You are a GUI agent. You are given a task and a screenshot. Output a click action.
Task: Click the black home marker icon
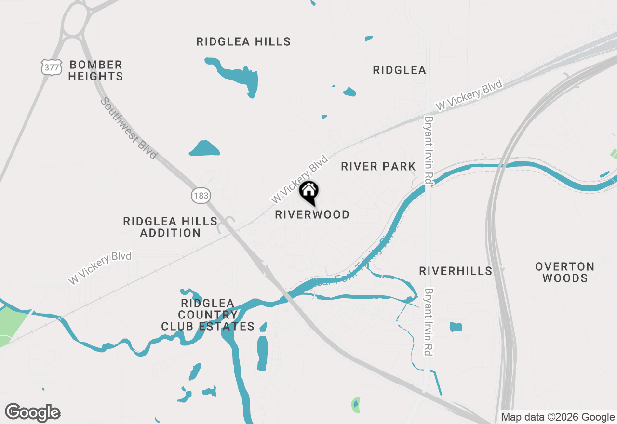pos(309,192)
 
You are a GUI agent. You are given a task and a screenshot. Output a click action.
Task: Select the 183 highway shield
pos(200,195)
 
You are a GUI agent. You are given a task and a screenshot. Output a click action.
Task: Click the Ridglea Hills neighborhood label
pos(243,42)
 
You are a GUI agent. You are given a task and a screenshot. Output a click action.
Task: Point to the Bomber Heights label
pos(95,70)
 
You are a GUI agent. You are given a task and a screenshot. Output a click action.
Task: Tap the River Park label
pos(378,167)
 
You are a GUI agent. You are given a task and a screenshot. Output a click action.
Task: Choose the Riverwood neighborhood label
pos(312,215)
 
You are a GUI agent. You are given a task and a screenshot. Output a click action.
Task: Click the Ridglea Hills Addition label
pos(170,227)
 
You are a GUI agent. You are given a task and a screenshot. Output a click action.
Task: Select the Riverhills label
pos(456,271)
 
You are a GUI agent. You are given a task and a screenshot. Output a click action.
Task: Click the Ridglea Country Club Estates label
pos(208,315)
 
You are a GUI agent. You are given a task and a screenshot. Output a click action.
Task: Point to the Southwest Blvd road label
pos(129,128)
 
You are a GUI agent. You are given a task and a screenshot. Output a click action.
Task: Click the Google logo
pos(33,412)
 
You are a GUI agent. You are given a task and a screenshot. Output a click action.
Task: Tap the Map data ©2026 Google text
pos(557,417)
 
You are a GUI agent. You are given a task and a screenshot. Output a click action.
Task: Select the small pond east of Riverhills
pos(456,327)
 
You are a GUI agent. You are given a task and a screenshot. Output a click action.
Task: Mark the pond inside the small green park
pos(356,405)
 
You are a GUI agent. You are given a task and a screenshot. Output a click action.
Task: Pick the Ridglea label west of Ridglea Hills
pos(399,70)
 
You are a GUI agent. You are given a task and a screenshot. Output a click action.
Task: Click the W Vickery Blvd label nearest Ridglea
pos(468,95)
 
